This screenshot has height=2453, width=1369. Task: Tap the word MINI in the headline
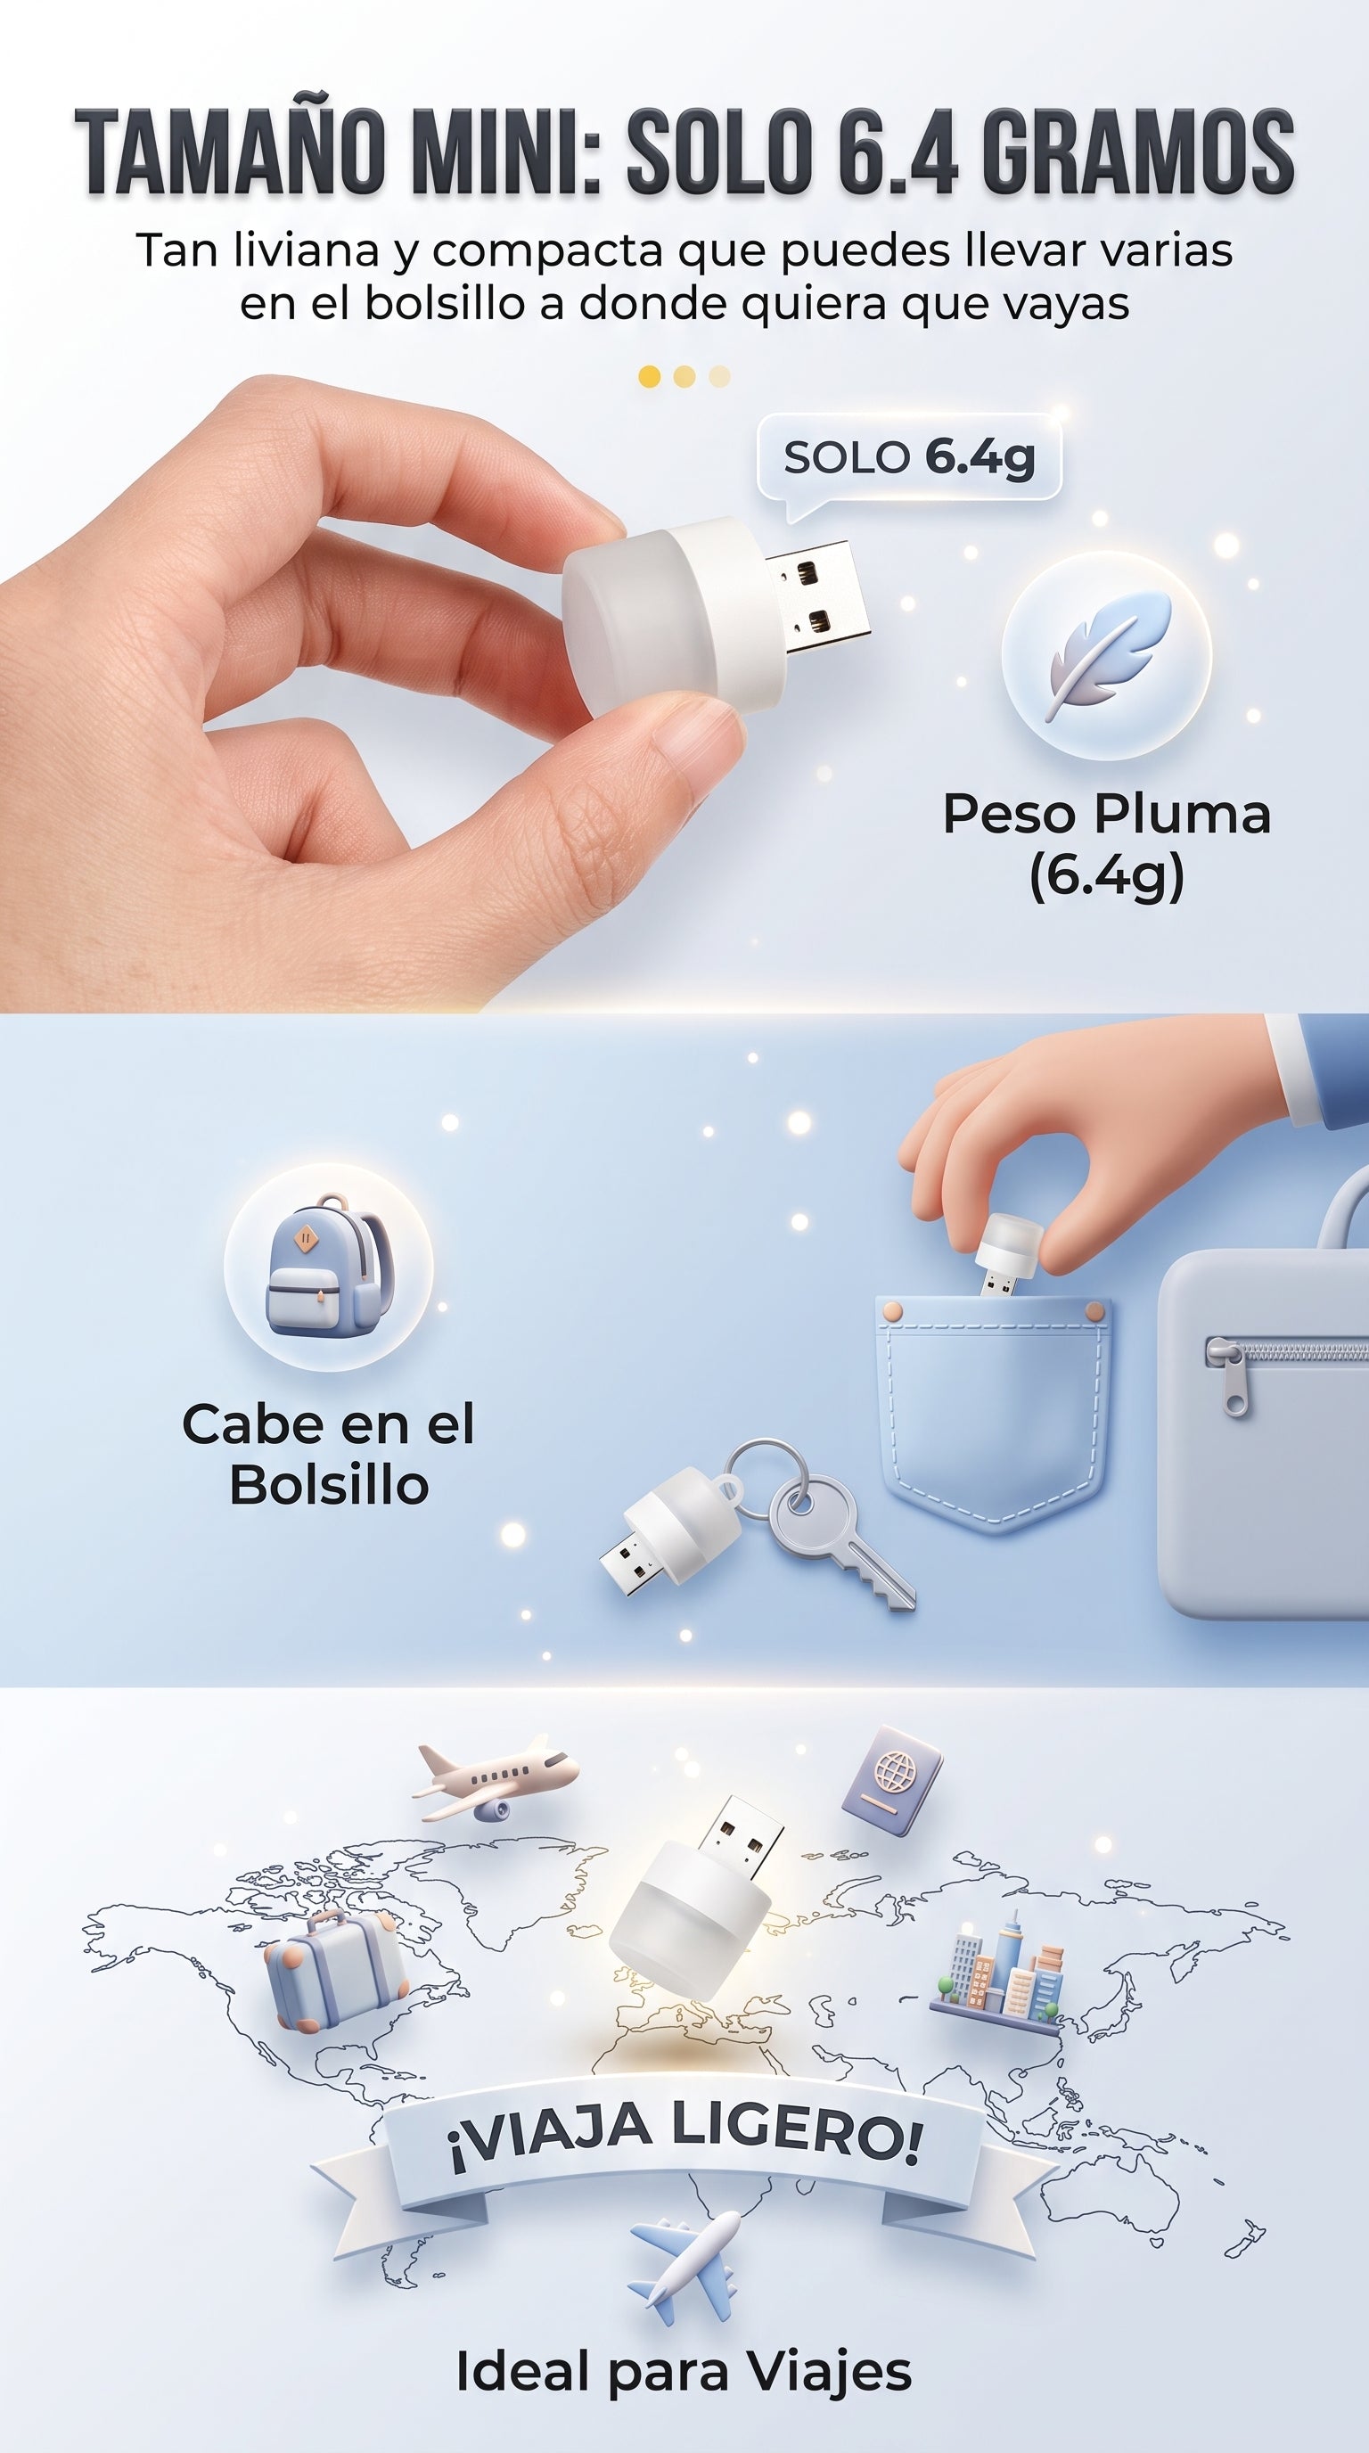click(506, 151)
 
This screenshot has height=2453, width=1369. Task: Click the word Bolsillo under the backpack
click(330, 1485)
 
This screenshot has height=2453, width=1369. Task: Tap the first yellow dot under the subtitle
click(649, 376)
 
